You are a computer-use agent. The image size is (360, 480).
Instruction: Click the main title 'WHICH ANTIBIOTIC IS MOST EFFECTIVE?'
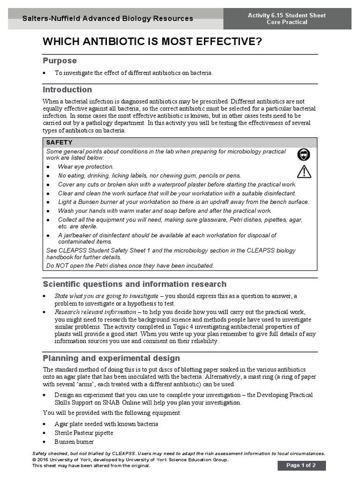coord(152,42)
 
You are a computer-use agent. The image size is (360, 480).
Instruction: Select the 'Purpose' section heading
coord(60,61)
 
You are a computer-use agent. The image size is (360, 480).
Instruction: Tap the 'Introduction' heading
coord(67,90)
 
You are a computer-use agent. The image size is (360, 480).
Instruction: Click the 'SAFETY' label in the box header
coord(60,142)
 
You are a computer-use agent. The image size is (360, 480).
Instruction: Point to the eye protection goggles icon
coord(304,155)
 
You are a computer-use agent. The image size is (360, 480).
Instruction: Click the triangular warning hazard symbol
coord(304,172)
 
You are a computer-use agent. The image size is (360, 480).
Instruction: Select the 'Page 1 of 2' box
coord(301,465)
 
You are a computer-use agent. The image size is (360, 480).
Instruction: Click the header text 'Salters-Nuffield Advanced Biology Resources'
coord(108,19)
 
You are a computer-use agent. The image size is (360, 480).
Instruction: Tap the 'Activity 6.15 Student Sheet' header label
coord(287,15)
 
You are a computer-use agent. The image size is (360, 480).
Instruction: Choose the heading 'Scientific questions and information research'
coord(135,284)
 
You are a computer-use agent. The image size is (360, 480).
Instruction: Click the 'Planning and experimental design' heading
coord(111,358)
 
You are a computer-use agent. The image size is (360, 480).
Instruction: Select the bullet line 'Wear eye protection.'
coord(86,166)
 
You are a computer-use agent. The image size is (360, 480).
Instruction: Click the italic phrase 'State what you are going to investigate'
coord(106,296)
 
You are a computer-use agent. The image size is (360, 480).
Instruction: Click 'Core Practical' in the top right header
coord(287,22)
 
